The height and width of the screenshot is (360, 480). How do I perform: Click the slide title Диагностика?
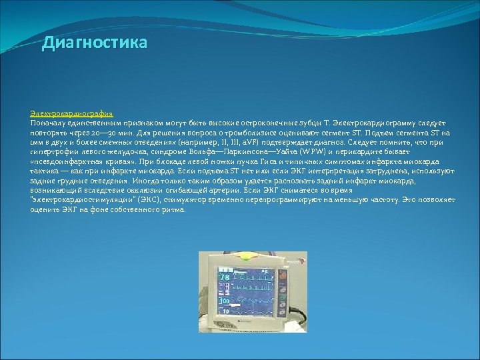(x=94, y=44)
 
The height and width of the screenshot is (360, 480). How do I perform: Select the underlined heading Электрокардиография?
(x=71, y=115)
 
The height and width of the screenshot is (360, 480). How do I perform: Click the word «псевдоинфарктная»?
(x=61, y=161)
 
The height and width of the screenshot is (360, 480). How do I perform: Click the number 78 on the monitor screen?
(x=225, y=277)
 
